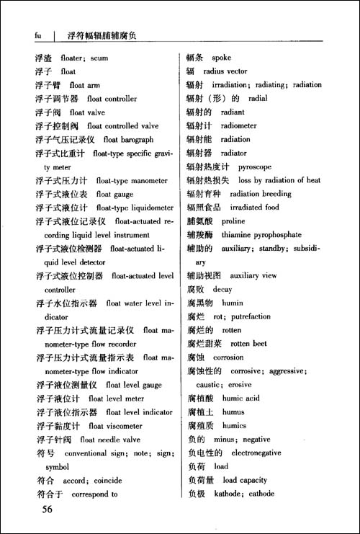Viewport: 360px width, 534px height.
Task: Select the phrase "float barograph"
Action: point(128,140)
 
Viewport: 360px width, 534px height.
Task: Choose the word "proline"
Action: point(233,221)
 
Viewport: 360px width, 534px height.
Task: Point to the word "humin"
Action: point(233,303)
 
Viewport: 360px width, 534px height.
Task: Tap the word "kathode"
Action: point(228,494)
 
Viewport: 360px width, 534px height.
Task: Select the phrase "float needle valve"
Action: point(109,440)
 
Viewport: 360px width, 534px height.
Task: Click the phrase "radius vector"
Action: point(225,71)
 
